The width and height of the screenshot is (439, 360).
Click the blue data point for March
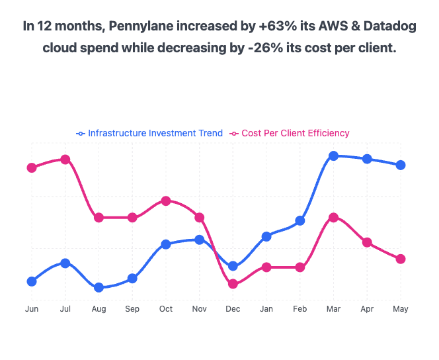point(333,156)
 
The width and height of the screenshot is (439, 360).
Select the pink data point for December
point(233,284)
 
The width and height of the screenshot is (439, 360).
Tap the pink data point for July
point(65,159)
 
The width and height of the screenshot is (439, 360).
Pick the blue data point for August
point(99,288)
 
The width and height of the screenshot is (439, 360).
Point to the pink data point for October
point(166,201)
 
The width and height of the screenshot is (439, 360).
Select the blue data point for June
point(31,282)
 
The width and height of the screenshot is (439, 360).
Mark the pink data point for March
point(333,217)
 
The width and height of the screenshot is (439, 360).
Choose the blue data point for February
point(299,221)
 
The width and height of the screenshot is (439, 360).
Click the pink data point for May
point(400,259)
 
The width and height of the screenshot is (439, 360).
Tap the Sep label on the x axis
point(132,309)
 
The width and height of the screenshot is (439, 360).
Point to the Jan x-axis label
point(266,309)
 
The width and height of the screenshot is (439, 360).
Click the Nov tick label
point(199,309)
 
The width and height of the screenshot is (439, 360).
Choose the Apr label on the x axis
point(366,309)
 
